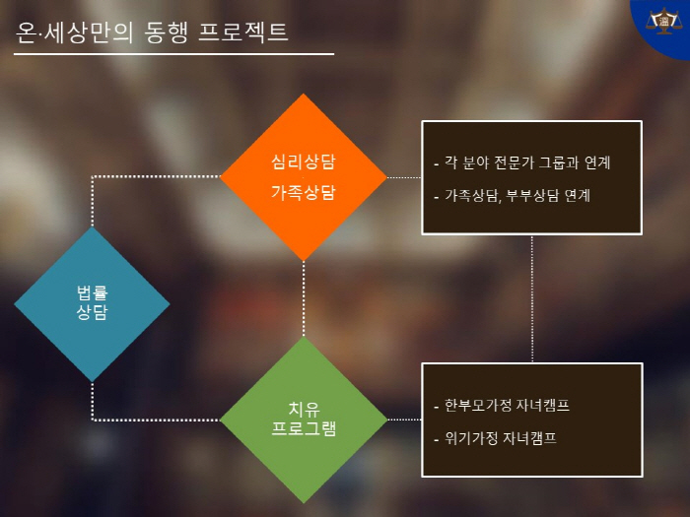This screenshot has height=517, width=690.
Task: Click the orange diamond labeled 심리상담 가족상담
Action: coord(304,177)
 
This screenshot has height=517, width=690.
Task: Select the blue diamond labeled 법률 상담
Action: coord(92,303)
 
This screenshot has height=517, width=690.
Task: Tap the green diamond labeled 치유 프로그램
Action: coord(304,420)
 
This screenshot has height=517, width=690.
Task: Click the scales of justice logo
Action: coord(664,21)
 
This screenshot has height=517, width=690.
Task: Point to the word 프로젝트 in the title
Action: coord(243,32)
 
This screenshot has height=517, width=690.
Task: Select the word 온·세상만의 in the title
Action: coord(74,32)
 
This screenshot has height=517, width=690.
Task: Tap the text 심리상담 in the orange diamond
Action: coord(304,162)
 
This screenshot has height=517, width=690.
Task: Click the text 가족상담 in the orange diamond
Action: coord(304,192)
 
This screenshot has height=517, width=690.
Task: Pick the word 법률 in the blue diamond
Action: coord(92,292)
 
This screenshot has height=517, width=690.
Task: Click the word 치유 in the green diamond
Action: coord(304,409)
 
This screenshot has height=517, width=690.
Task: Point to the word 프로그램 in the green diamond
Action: coord(304,428)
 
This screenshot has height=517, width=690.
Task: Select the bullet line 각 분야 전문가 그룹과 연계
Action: coord(522,162)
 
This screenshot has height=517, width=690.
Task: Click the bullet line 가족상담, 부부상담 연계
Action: coord(513,195)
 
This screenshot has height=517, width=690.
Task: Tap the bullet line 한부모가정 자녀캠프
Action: coord(502,405)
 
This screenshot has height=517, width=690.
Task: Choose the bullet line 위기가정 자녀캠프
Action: coord(495,438)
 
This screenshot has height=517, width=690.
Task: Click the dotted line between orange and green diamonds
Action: coord(304,299)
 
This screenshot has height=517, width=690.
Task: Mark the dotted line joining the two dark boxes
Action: coord(532,299)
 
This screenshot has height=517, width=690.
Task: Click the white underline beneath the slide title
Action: coord(173,54)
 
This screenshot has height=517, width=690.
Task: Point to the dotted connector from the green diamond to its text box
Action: coord(404,420)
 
